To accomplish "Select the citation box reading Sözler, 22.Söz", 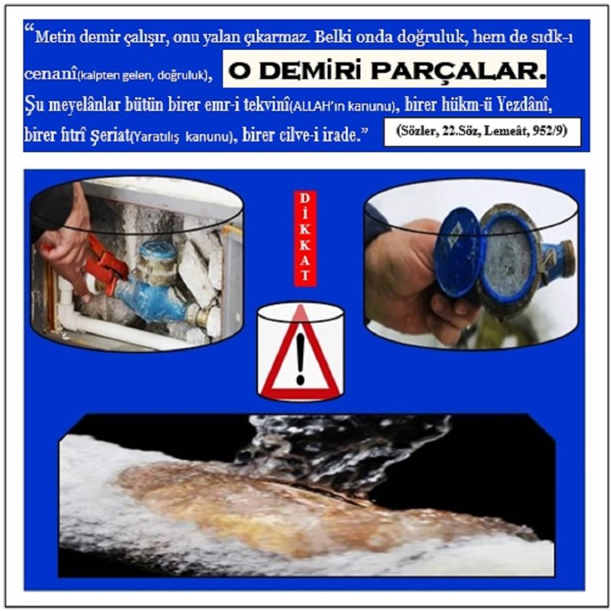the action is [482, 132].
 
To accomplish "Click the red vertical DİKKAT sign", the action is [304, 239].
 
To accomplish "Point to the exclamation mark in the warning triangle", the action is [300, 359].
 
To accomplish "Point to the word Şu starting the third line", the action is [34, 106].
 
